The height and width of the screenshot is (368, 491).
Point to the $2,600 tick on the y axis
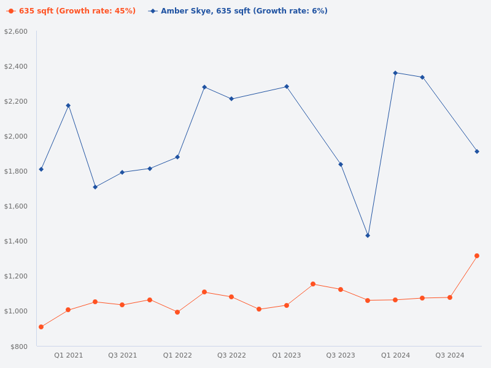pyautogui.click(x=16, y=31)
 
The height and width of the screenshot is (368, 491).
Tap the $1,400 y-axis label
pyautogui.click(x=16, y=241)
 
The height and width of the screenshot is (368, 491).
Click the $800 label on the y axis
pyautogui.click(x=19, y=347)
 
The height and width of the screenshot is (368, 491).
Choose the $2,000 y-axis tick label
pyautogui.click(x=16, y=136)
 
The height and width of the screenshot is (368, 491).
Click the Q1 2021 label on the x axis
pyautogui.click(x=68, y=355)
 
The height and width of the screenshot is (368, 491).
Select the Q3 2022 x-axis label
pyautogui.click(x=231, y=355)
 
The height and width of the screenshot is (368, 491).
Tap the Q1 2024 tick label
pyautogui.click(x=395, y=355)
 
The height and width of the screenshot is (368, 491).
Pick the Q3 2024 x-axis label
pyautogui.click(x=450, y=355)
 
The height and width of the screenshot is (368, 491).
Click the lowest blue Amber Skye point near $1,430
pyautogui.click(x=368, y=236)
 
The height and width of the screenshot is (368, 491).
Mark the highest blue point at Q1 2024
pyautogui.click(x=395, y=73)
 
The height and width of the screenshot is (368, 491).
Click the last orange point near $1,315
pyautogui.click(x=477, y=256)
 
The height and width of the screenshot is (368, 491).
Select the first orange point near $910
pyautogui.click(x=41, y=327)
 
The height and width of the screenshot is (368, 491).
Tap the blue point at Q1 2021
pyautogui.click(x=68, y=105)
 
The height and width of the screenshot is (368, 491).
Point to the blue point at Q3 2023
pyautogui.click(x=341, y=164)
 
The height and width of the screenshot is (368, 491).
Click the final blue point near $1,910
pyautogui.click(x=477, y=151)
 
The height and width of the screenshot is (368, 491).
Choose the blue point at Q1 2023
pyautogui.click(x=287, y=86)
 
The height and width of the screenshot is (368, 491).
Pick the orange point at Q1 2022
pyautogui.click(x=177, y=312)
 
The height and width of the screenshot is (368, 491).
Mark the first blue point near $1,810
pyautogui.click(x=41, y=169)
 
